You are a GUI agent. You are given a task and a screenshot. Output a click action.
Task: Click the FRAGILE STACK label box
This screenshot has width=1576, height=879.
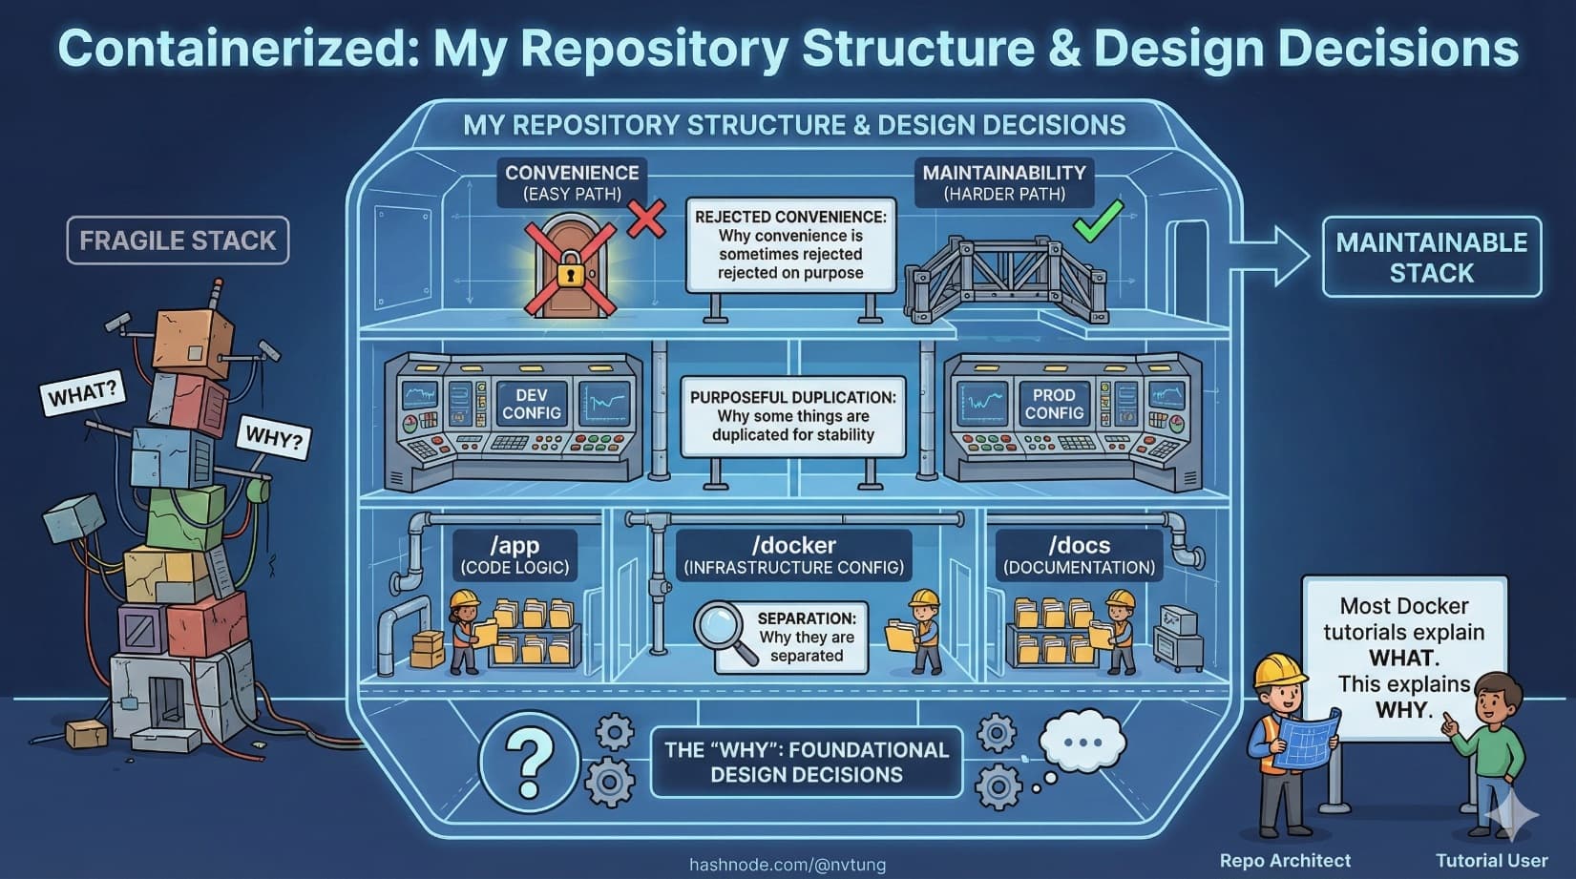(178, 241)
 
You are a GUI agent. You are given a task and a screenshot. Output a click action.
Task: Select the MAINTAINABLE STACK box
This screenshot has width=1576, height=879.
(1431, 257)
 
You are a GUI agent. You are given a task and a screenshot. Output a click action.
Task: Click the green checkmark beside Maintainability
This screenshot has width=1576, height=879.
(1097, 220)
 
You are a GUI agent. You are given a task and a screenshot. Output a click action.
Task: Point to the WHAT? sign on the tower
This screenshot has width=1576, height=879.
(83, 392)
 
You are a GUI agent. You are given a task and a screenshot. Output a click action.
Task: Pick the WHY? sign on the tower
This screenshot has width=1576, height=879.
(273, 437)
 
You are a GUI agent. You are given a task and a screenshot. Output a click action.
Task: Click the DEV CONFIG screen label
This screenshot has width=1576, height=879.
(532, 404)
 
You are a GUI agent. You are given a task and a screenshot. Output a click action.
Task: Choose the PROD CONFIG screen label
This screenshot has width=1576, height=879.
(1054, 404)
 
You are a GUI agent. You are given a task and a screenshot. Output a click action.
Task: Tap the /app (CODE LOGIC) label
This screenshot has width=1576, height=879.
(515, 555)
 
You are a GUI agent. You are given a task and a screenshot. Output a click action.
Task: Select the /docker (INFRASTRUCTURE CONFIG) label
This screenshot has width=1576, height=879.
(793, 555)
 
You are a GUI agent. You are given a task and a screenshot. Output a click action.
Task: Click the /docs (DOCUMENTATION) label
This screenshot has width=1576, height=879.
(1079, 555)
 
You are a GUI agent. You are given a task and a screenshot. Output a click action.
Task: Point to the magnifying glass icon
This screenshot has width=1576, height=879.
(724, 630)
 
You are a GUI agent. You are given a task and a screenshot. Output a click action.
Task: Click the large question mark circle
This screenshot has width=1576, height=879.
(530, 761)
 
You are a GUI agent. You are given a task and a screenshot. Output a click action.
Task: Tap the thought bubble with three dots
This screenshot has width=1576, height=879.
(1082, 742)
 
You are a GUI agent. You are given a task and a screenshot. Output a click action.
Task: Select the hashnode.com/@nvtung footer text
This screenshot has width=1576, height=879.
(788, 865)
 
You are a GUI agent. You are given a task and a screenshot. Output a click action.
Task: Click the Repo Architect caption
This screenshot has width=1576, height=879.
(1285, 860)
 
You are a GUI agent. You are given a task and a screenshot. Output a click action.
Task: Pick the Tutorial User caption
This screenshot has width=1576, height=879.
(1491, 860)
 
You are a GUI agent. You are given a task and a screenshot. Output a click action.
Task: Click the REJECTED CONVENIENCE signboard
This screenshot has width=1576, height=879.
(790, 244)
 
